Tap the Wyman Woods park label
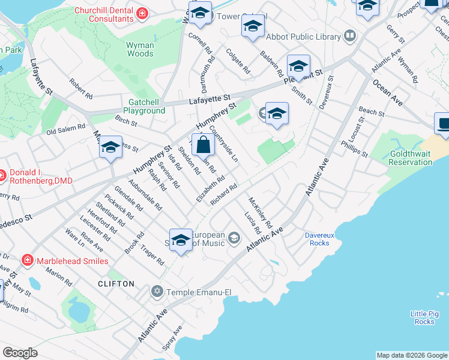pyautogui.click(x=140, y=49)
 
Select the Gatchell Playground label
pyautogui.click(x=144, y=106)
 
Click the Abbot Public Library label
pyautogui.click(x=303, y=37)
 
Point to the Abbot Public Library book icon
pyautogui.click(x=350, y=37)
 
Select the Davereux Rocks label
pyautogui.click(x=319, y=239)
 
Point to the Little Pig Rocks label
pyautogui.click(x=424, y=317)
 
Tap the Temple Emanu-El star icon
pyautogui.click(x=157, y=292)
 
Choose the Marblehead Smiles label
pyautogui.click(x=73, y=261)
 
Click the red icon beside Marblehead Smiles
pyautogui.click(x=27, y=260)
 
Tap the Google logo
pyautogui.click(x=20, y=353)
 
